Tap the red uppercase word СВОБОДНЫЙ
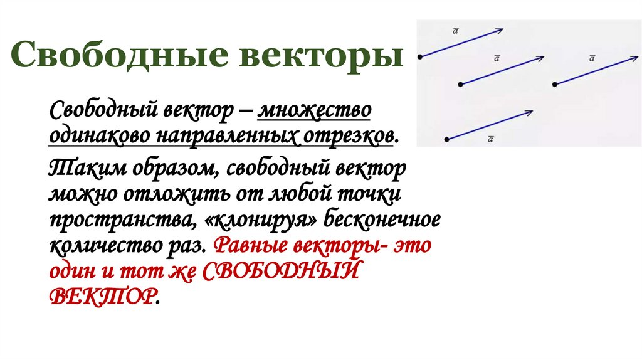283,271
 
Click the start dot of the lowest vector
446,139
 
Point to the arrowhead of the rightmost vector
634,58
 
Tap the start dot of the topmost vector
419,56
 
